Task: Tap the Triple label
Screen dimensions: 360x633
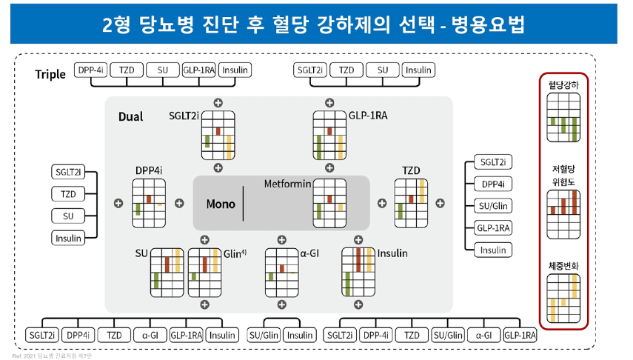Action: [x=50, y=74]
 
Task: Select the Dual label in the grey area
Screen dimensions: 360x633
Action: [x=131, y=117]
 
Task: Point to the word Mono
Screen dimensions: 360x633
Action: [x=221, y=204]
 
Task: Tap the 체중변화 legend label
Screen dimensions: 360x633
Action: [x=563, y=264]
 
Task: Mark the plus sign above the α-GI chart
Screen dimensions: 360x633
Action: [x=281, y=239]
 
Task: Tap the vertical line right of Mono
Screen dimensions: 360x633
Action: [x=243, y=204]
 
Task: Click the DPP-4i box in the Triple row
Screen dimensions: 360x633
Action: [x=91, y=70]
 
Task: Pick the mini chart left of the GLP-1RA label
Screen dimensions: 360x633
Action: [x=329, y=135]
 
